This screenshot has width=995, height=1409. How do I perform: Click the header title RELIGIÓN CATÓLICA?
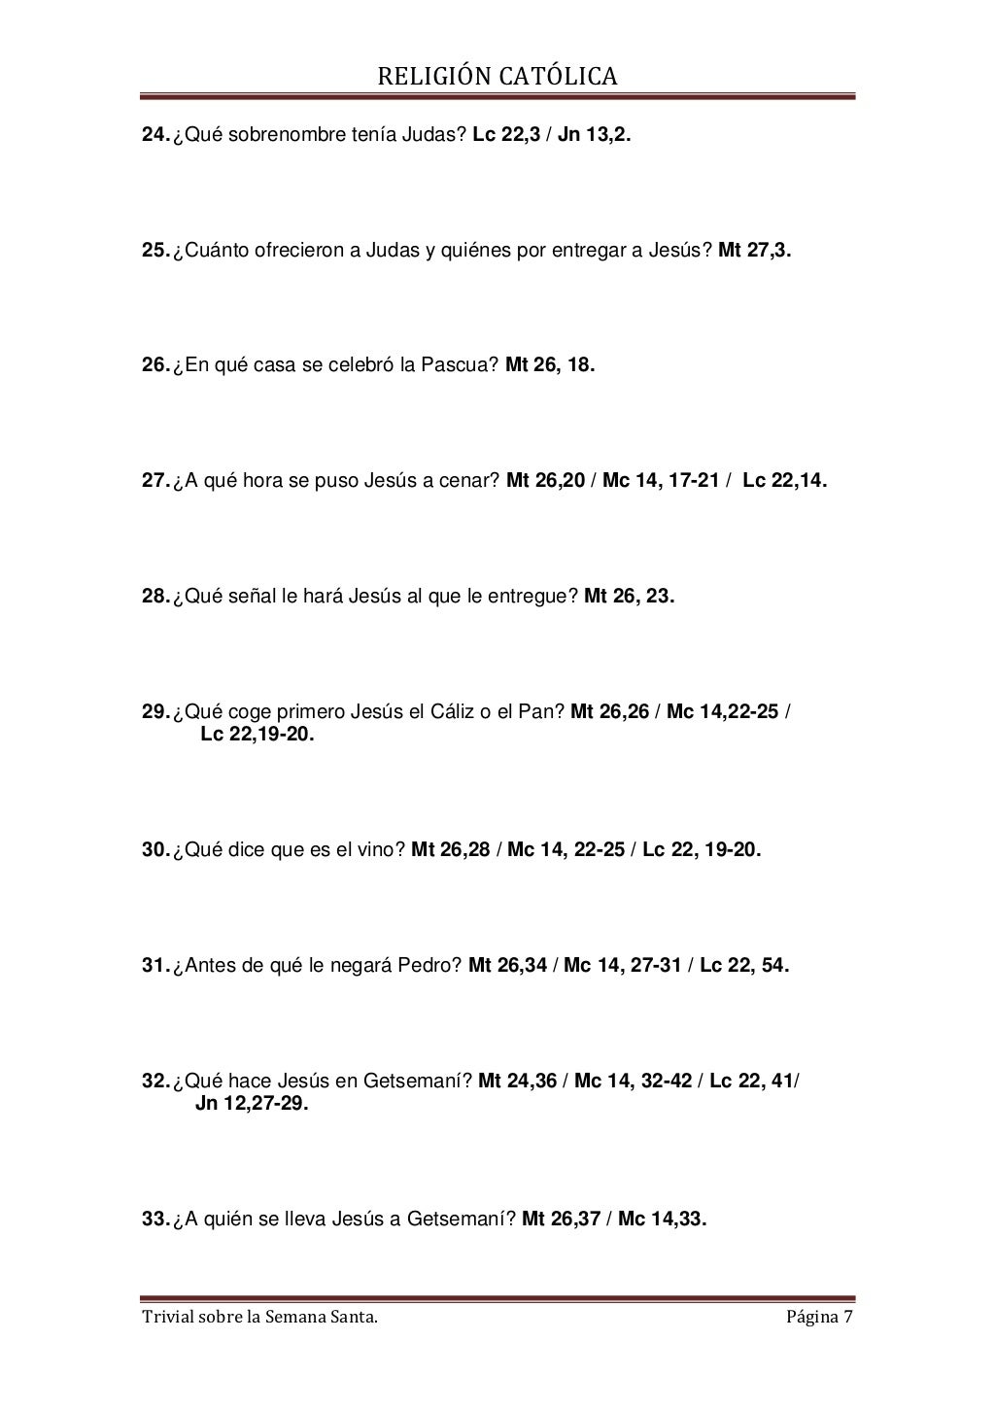[x=497, y=76]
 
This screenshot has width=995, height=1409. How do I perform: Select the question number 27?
[x=155, y=481]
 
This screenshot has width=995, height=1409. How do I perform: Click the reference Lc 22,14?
[x=785, y=481]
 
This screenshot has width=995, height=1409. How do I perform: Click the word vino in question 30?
[x=381, y=850]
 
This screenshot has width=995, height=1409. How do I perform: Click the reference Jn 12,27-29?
[x=252, y=1104]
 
